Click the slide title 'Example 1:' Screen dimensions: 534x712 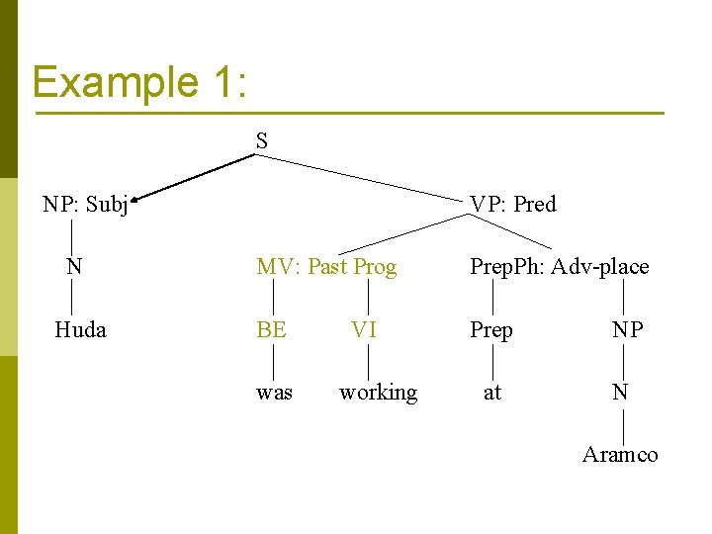pos(138,81)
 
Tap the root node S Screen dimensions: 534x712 pos(261,141)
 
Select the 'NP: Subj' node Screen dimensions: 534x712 pos(85,205)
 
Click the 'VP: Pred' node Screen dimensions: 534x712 pos(513,205)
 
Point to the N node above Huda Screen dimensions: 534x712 pos(74,266)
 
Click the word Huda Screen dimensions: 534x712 pos(80,329)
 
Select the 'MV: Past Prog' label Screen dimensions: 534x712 pos(326,267)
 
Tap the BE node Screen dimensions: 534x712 pos(271,329)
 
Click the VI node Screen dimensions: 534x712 pos(364,329)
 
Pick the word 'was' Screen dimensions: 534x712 pos(274,393)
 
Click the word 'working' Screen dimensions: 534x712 pos(378,393)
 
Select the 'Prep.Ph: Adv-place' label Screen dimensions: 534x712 pos(559,267)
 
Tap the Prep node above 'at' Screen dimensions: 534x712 pos(491,329)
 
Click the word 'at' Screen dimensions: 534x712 pos(492,393)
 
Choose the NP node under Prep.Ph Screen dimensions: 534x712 pos(627,329)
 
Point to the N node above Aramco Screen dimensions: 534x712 pos(620,393)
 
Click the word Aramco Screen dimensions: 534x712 pos(620,454)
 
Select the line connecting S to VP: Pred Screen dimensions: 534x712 pos(366,176)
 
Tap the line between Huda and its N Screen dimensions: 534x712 pos(72,298)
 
